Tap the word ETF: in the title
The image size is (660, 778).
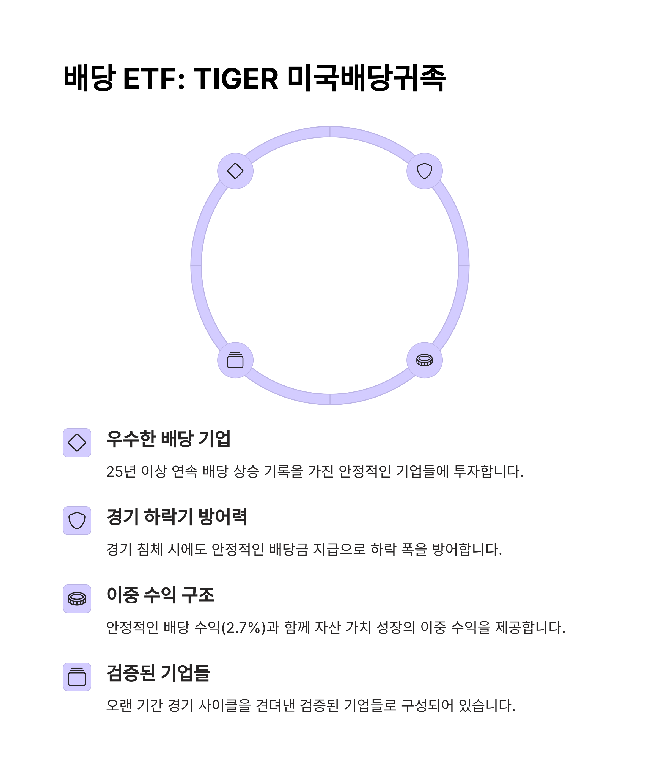pos(154,79)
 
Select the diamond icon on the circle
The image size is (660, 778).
pos(235,171)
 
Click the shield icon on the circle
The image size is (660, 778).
pos(424,171)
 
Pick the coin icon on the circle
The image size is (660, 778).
pos(424,360)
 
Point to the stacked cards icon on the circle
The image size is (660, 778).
pos(235,360)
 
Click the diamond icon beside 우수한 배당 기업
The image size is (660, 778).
pos(77,443)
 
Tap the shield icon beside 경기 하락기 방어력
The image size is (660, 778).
pos(77,521)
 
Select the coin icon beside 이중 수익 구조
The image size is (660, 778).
pos(77,599)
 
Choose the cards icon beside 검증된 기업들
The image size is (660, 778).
pos(77,677)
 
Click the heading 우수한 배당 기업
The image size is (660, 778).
pos(168,439)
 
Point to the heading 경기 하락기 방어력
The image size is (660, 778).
pos(177,517)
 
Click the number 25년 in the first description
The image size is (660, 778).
pos(121,471)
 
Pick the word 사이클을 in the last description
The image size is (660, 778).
pos(224,705)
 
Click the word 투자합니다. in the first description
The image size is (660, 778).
pos(488,471)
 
